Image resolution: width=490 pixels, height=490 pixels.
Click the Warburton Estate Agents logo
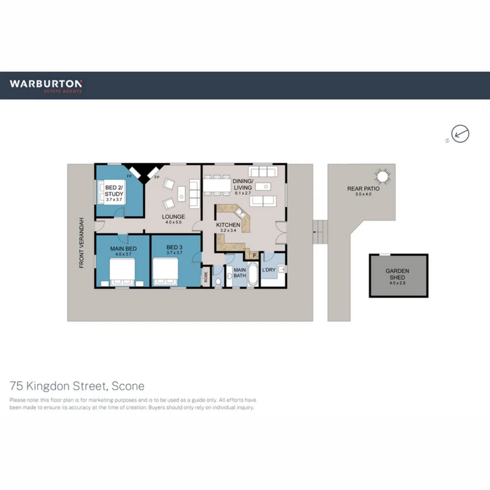(x=46, y=85)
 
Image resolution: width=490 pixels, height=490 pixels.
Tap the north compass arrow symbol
(x=460, y=134)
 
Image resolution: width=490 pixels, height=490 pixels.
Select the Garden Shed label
(x=397, y=274)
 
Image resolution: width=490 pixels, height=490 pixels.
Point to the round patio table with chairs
(x=382, y=176)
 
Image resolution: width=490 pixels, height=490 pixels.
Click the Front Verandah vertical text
(x=82, y=243)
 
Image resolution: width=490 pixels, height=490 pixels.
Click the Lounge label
(x=174, y=216)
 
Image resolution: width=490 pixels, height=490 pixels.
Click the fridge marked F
(x=254, y=255)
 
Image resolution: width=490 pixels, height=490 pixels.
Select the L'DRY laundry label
(x=269, y=270)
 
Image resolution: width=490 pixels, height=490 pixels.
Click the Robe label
(x=206, y=277)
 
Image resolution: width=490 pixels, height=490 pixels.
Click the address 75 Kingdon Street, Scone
(x=77, y=386)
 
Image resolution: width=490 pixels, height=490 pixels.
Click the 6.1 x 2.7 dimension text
(x=242, y=193)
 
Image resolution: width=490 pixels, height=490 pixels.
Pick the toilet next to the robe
(x=218, y=283)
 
